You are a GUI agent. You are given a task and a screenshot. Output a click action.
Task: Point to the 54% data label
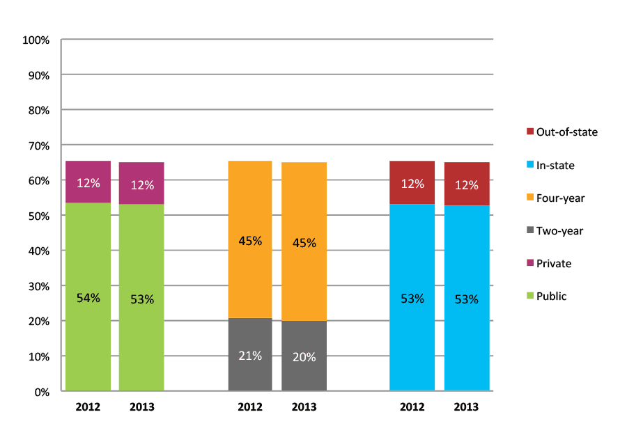click(x=88, y=298)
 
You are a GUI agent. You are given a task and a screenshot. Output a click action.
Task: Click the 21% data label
click(x=250, y=356)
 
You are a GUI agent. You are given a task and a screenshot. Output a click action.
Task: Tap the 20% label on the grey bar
click(x=304, y=357)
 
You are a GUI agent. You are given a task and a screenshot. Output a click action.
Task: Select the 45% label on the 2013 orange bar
click(x=304, y=243)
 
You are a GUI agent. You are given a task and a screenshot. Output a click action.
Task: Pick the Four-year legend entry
click(x=560, y=198)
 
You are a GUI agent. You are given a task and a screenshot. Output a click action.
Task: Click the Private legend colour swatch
click(x=529, y=264)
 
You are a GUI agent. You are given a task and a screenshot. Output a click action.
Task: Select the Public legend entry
click(x=551, y=296)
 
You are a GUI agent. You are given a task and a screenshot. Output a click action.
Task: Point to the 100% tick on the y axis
click(x=36, y=40)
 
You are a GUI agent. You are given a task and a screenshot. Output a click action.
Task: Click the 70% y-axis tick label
click(x=38, y=146)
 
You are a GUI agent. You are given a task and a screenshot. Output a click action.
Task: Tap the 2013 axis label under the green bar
click(x=141, y=407)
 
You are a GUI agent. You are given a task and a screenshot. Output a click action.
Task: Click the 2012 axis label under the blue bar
click(x=412, y=407)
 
